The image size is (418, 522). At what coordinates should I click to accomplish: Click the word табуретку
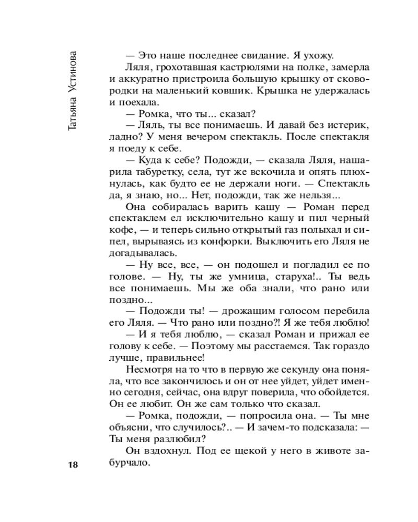coord(153,171)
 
